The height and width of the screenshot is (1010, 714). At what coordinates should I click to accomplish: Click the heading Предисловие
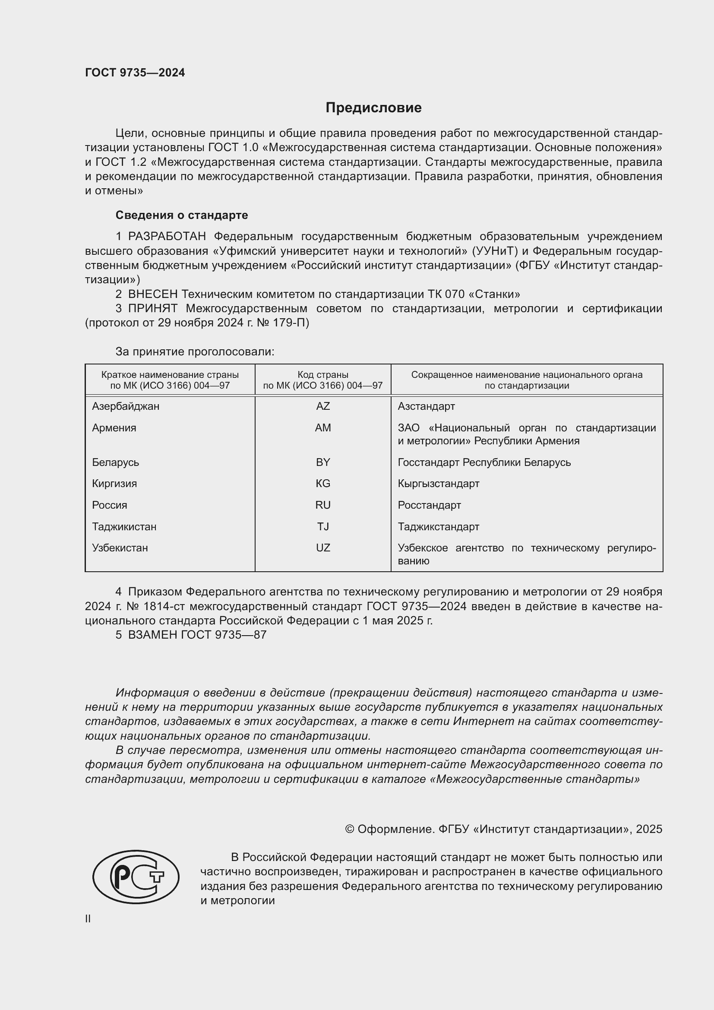[x=373, y=108]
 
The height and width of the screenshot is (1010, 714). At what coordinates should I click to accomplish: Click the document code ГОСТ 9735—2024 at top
[x=135, y=73]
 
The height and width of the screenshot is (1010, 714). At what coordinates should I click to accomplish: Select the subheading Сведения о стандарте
[x=182, y=215]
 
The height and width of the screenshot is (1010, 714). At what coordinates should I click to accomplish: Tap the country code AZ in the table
[x=323, y=406]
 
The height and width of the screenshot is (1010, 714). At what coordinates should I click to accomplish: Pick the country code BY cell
[x=323, y=462]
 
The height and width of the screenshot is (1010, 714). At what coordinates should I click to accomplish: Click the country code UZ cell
[x=323, y=548]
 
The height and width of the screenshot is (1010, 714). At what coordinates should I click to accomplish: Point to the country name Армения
[x=114, y=427]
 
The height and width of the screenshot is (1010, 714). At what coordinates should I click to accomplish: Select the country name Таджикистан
[x=124, y=526]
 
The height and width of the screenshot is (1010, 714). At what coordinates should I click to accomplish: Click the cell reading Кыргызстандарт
[x=438, y=484]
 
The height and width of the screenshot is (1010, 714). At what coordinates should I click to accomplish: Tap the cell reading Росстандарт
[x=429, y=505]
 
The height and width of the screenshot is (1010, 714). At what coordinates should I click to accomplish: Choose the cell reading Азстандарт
[x=426, y=406]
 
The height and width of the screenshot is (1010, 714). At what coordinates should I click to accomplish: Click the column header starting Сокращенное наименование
[x=527, y=380]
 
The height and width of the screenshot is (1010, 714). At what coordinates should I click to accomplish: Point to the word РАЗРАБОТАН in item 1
[x=167, y=237]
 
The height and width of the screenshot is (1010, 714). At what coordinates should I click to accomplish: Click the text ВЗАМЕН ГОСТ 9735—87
[x=197, y=635]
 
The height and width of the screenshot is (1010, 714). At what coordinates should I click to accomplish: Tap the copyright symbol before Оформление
[x=350, y=829]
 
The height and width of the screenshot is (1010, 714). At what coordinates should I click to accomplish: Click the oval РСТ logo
[x=136, y=877]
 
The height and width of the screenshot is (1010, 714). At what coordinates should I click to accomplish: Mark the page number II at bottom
[x=88, y=919]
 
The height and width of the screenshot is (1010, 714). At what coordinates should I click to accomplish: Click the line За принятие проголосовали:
[x=195, y=351]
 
